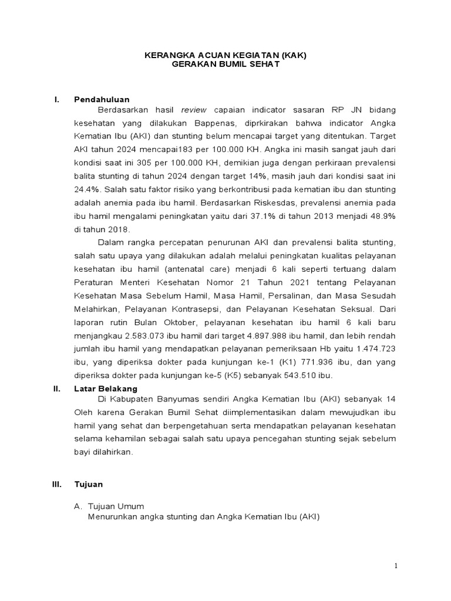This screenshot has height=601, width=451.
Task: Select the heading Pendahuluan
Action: [x=102, y=99]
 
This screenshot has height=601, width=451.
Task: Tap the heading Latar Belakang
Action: [x=106, y=389]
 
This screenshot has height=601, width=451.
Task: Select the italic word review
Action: [x=194, y=110]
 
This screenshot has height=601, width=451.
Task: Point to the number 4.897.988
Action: [x=257, y=336]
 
